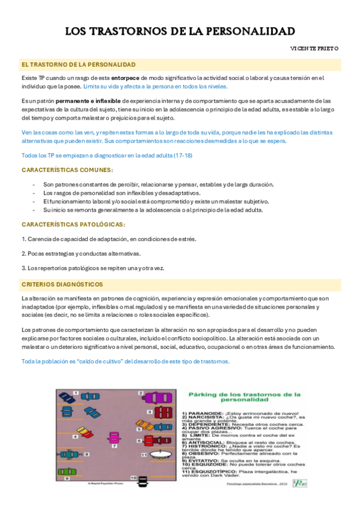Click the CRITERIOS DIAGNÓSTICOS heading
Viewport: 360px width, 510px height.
coord(62,284)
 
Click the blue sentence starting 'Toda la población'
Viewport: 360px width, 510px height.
coord(125,361)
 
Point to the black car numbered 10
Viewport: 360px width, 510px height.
coord(143,481)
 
